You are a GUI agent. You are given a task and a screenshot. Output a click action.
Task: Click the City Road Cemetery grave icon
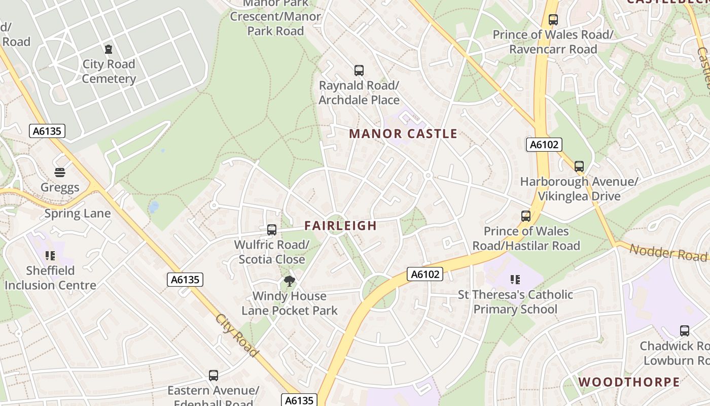pyautogui.click(x=109, y=49)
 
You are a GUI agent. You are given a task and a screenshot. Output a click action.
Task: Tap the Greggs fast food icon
pyautogui.click(x=60, y=173)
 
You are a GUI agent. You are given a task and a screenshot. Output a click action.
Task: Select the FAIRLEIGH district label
pyautogui.click(x=341, y=226)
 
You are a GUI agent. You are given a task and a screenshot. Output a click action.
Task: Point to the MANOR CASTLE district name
pyautogui.click(x=403, y=134)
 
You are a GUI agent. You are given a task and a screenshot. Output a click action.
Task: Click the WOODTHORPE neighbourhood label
pyautogui.click(x=629, y=382)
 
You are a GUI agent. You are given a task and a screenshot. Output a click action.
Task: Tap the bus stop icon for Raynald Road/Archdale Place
pyautogui.click(x=359, y=71)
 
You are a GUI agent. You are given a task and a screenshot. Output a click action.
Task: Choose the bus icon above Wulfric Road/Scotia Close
pyautogui.click(x=272, y=230)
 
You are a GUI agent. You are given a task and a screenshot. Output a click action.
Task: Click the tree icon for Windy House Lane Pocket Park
pyautogui.click(x=289, y=281)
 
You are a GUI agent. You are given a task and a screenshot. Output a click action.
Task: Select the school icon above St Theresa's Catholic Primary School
pyautogui.click(x=515, y=280)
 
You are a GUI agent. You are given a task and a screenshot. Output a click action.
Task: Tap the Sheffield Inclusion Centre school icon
pyautogui.click(x=50, y=256)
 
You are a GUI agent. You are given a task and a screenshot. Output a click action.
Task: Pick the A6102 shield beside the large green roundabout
pyautogui.click(x=425, y=275)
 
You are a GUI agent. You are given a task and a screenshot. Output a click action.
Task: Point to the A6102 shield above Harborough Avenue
pyautogui.click(x=544, y=145)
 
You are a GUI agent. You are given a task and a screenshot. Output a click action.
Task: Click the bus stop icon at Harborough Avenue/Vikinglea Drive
pyautogui.click(x=579, y=166)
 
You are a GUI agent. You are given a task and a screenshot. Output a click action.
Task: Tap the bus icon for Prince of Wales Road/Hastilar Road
pyautogui.click(x=526, y=216)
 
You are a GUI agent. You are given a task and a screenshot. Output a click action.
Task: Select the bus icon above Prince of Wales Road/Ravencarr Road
pyautogui.click(x=553, y=20)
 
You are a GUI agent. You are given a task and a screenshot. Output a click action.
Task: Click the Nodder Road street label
pyautogui.click(x=668, y=252)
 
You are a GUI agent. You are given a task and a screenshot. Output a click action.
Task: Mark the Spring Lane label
pyautogui.click(x=78, y=214)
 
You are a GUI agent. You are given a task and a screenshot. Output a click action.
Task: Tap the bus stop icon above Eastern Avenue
pyautogui.click(x=214, y=376)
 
